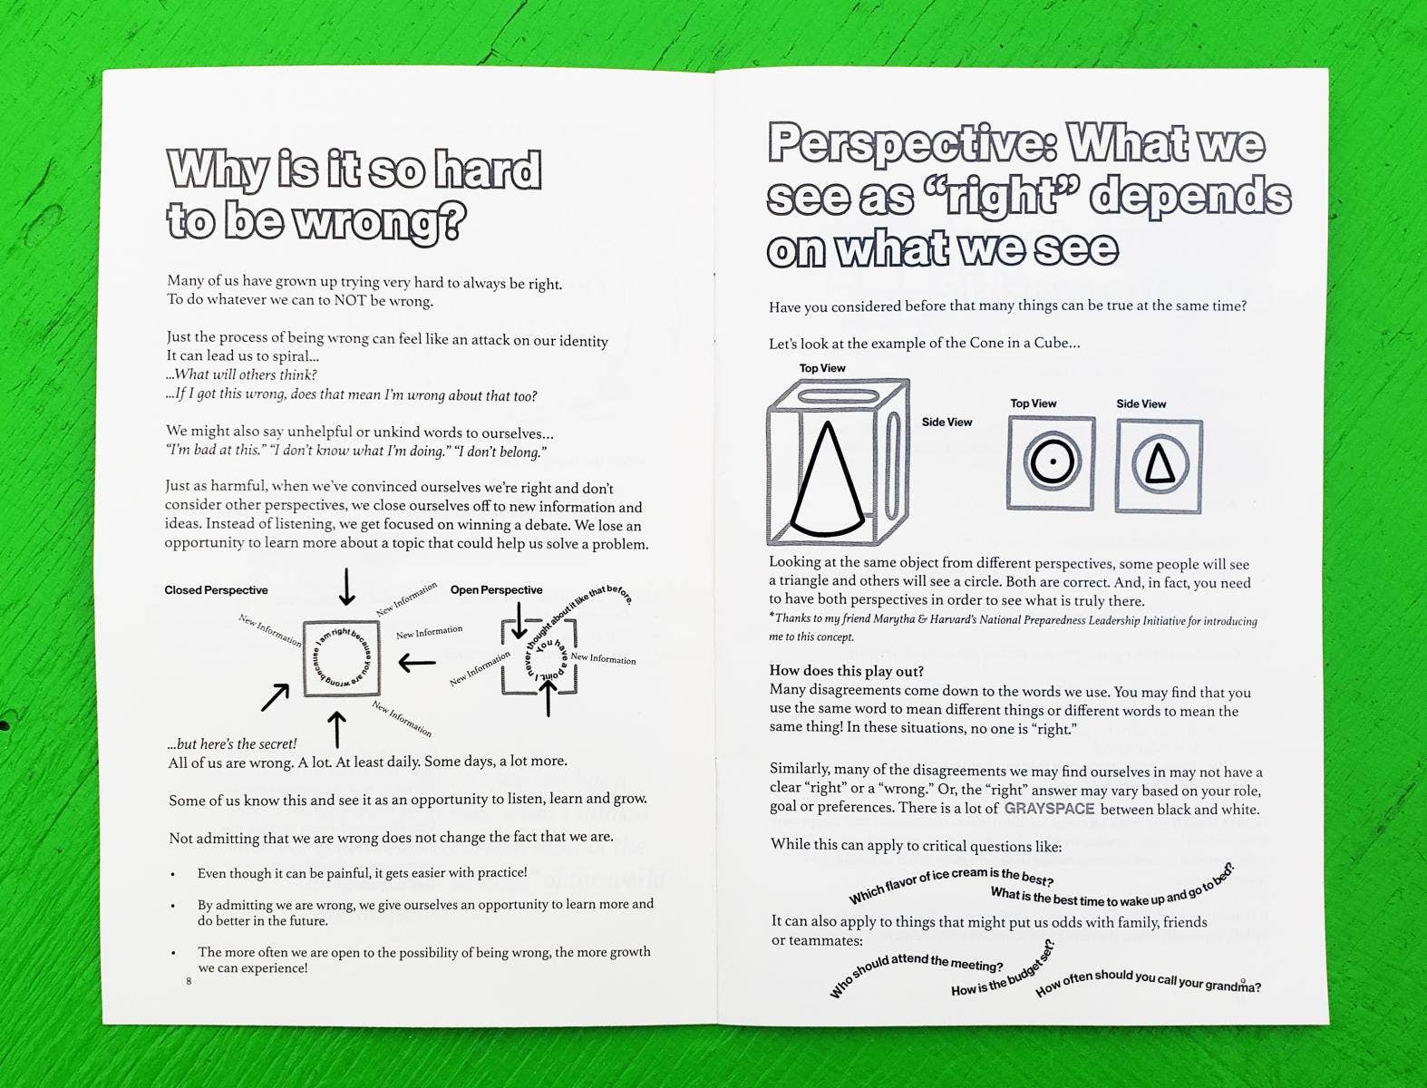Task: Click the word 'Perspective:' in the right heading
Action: click(911, 145)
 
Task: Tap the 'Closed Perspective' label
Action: click(216, 590)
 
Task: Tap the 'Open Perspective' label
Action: click(496, 590)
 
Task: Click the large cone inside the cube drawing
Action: click(828, 481)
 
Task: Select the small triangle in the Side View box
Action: click(1160, 465)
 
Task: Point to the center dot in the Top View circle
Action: click(1052, 461)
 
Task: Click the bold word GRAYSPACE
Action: click(1049, 808)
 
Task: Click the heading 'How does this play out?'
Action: click(846, 672)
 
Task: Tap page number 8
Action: click(189, 981)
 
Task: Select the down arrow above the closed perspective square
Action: click(346, 587)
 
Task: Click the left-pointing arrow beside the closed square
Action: click(417, 663)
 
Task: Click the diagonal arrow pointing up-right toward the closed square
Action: click(275, 697)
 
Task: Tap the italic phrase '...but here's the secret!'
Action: click(232, 743)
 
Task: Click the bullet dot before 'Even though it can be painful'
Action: click(173, 874)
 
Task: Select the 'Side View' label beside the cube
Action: click(946, 422)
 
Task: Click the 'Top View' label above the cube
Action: click(821, 368)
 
